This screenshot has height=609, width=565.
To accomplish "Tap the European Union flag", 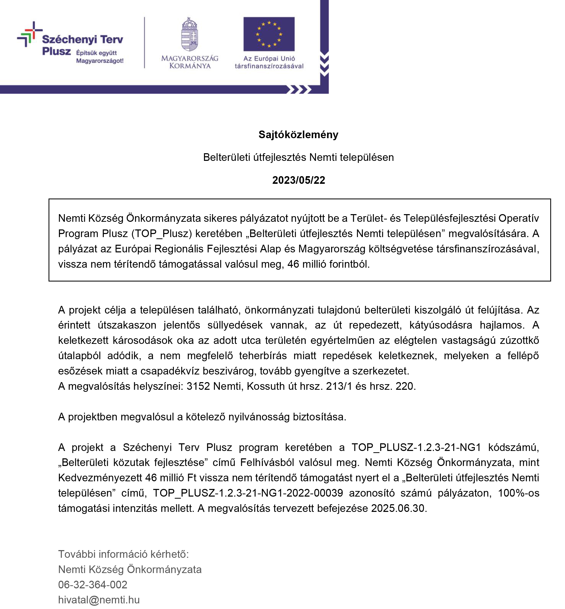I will click(x=269, y=34).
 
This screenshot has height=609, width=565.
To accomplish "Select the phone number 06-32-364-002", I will click(x=93, y=584).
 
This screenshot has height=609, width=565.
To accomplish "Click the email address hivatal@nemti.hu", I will click(x=99, y=600).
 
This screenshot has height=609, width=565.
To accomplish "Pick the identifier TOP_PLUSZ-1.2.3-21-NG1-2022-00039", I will click(x=248, y=493).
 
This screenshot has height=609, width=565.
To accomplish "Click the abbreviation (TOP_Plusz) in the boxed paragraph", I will click(x=162, y=233).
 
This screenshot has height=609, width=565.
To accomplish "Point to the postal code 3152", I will click(x=198, y=386).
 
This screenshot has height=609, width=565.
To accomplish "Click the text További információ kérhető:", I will click(x=123, y=554).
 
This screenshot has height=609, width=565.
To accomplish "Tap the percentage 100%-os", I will click(x=519, y=493).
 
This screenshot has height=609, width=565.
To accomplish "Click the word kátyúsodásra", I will click(x=441, y=325).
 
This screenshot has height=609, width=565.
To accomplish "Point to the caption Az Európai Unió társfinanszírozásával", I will click(x=269, y=62).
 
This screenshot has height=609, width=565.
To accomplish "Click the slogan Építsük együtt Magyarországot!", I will click(x=100, y=57).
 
